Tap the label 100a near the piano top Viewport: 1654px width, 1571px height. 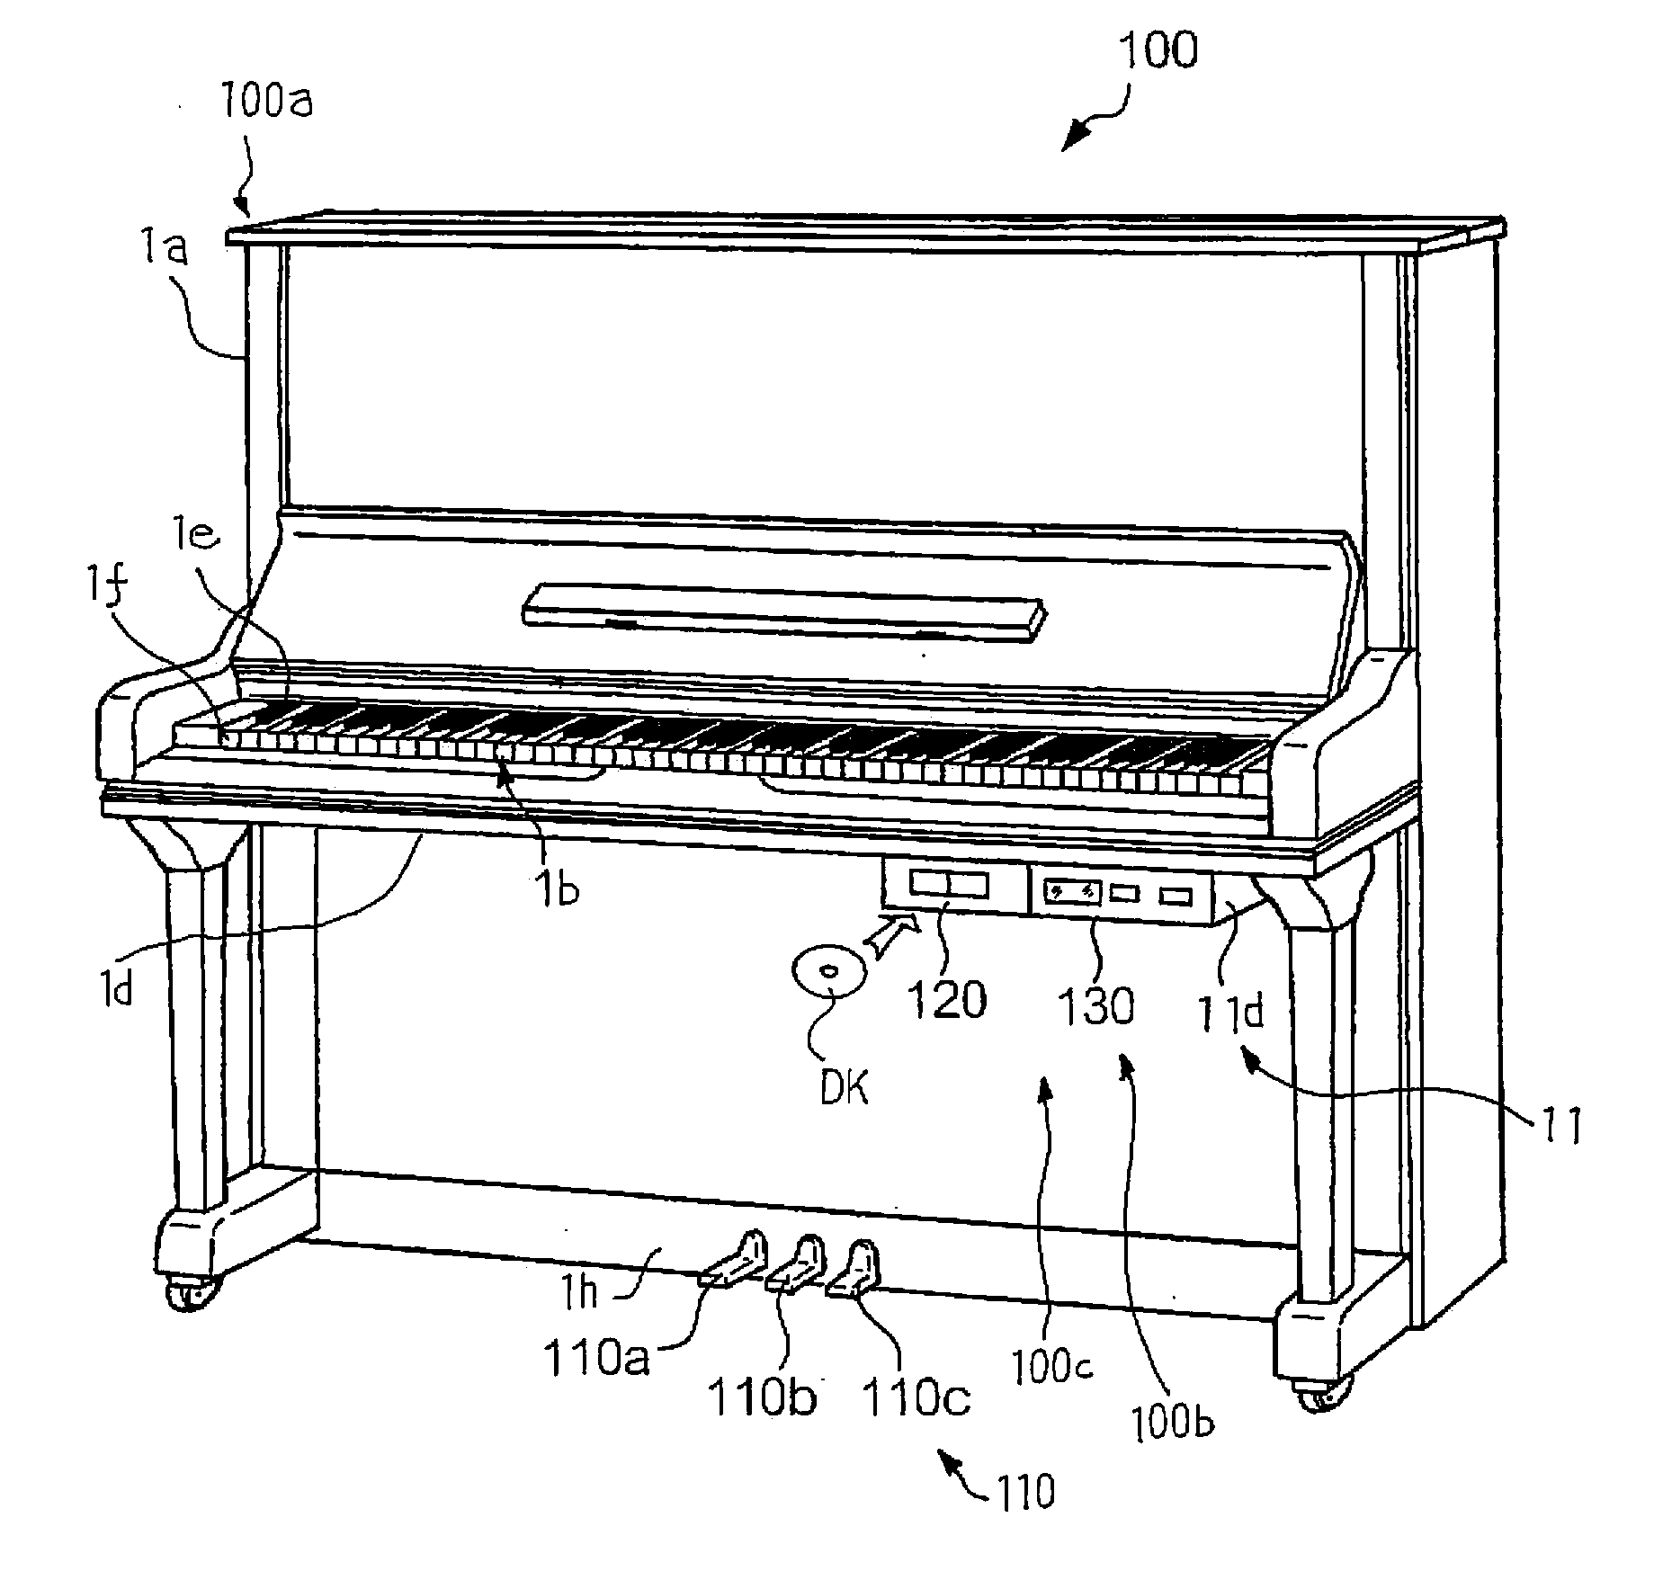tap(266, 103)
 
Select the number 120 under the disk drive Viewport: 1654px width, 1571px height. tap(947, 999)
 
